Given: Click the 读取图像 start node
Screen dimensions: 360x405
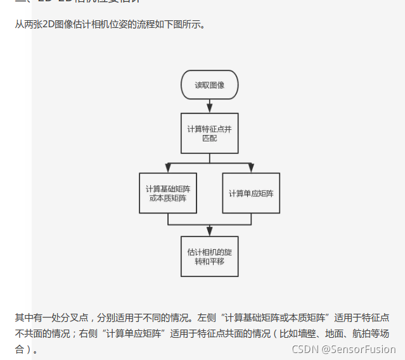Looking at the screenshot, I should pos(209,84).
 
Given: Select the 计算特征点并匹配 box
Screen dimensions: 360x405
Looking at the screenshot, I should pos(209,133).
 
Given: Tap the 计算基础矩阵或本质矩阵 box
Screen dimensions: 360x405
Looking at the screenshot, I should pos(167,193).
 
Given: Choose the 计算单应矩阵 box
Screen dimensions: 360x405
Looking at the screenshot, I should pos(251,193).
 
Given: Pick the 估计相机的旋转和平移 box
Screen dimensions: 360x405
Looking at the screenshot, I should pos(209,256).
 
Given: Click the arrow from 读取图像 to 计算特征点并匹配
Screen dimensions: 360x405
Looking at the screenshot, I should pos(209,106).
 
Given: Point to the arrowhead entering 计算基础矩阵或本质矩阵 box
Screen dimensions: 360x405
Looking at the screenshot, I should pos(167,169).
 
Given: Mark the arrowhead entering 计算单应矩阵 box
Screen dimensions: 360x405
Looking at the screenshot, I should pos(251,169).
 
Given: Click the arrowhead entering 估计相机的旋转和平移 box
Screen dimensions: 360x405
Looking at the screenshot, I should pos(209,231).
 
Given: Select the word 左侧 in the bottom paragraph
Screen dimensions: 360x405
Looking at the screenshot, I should pos(207,317).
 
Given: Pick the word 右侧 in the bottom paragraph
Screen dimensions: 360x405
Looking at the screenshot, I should pos(96,333).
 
